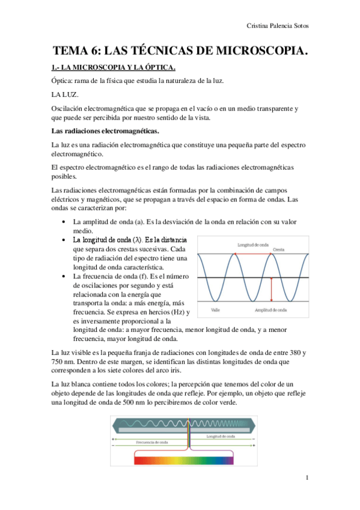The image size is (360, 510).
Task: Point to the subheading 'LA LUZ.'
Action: (65, 94)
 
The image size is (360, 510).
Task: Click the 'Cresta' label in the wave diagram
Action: (279, 248)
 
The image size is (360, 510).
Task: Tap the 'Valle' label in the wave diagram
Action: (215, 310)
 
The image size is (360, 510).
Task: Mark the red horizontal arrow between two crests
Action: (259, 254)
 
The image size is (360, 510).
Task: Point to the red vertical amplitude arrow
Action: (271, 289)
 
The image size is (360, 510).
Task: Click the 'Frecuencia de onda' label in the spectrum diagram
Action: (152, 441)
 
